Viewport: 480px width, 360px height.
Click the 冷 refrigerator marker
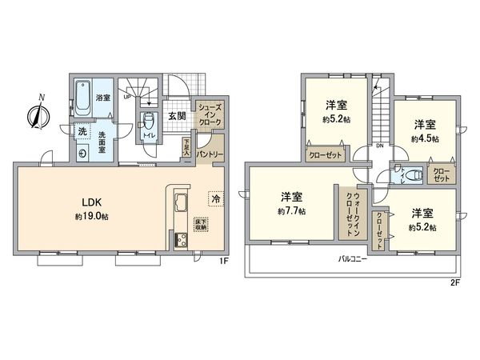click(215, 196)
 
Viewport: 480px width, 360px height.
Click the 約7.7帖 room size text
click(292, 211)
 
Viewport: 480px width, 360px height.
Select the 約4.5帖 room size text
click(425, 138)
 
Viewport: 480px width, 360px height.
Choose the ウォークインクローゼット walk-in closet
click(349, 213)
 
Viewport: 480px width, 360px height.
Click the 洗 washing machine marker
click(81, 131)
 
